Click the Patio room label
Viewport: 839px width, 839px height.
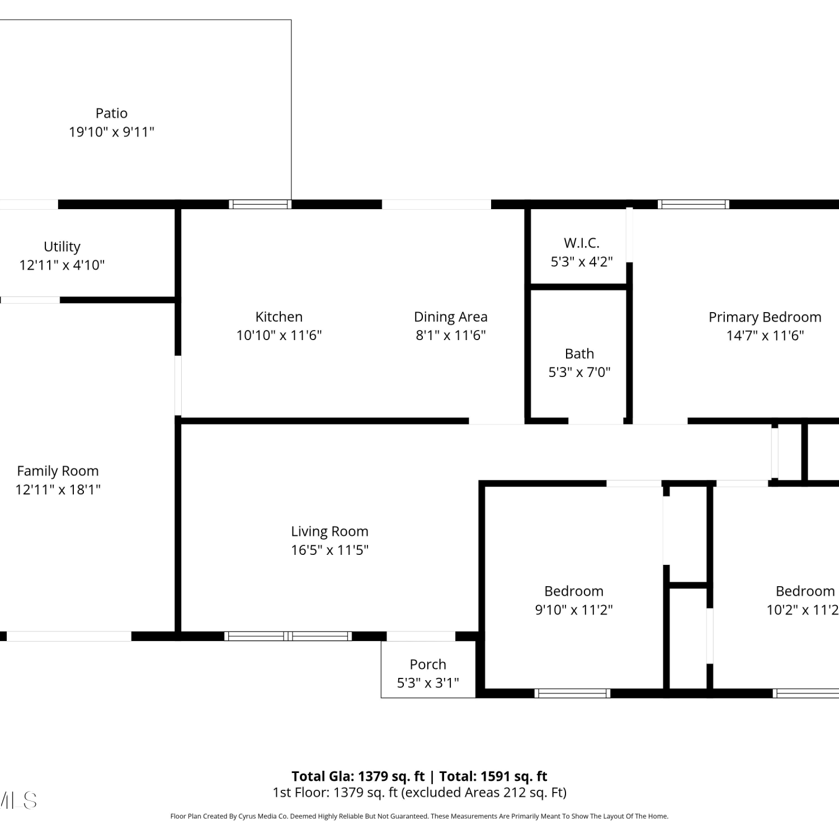click(111, 113)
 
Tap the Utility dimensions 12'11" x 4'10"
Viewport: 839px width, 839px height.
click(62, 265)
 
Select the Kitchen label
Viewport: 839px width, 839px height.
click(279, 317)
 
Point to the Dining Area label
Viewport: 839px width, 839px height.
click(451, 317)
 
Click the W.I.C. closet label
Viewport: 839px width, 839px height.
click(582, 243)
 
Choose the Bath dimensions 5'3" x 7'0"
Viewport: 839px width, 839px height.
click(579, 373)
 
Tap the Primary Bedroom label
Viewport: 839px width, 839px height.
click(765, 317)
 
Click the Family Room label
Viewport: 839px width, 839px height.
click(58, 472)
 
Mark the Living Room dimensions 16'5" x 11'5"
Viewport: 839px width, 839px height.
click(329, 550)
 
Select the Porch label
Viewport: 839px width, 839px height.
click(428, 664)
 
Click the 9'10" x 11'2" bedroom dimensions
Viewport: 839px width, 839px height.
click(574, 610)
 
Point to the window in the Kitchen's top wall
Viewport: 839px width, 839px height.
click(260, 204)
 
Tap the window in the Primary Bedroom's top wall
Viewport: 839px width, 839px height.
click(694, 204)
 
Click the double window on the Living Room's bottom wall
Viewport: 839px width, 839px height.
click(288, 636)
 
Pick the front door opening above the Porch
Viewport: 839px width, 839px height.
click(421, 636)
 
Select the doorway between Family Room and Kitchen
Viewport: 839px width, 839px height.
click(178, 386)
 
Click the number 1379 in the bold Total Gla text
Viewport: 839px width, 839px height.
click(372, 776)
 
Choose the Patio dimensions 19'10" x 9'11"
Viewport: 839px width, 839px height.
click(111, 132)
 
